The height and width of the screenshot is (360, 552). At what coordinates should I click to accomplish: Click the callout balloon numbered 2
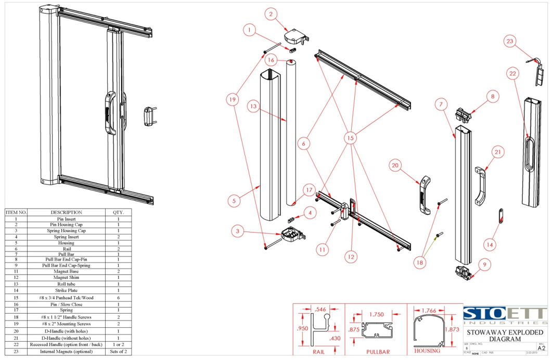pos(270,15)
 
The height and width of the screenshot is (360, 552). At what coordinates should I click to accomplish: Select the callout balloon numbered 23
pos(510,41)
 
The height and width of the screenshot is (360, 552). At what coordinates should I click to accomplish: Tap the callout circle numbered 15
pos(351,138)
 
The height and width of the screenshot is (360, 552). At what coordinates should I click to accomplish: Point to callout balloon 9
pos(484,265)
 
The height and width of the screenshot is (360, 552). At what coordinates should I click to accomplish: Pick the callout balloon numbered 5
pos(234,199)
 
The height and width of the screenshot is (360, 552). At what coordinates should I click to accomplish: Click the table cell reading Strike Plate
pos(66,290)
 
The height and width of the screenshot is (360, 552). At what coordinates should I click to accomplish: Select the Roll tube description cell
pos(66,284)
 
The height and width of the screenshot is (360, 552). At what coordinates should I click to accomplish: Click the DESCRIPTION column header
pos(66,212)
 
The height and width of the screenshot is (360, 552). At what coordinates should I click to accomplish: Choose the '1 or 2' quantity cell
pos(118,344)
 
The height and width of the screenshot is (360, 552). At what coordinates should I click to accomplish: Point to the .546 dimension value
pos(320,310)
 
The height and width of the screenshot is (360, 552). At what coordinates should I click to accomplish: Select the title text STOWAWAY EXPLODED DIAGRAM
pos(505,336)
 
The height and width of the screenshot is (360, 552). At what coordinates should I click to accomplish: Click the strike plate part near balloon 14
pos(501,215)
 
